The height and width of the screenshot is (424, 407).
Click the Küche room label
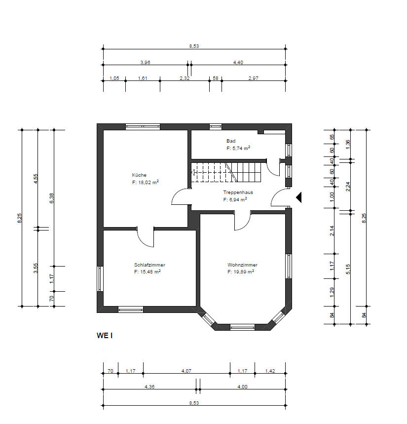[x=139, y=175]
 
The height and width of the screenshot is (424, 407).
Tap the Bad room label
[x=231, y=141]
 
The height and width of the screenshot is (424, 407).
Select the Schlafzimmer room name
[x=149, y=265]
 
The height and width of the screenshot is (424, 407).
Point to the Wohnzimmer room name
[x=242, y=265]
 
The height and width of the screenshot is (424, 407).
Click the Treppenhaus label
[x=238, y=193]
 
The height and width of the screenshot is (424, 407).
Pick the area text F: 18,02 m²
[x=146, y=182]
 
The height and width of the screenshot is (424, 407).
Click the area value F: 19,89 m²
[x=241, y=271]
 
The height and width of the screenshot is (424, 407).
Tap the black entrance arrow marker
[x=299, y=197]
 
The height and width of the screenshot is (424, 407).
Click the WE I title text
[x=105, y=336]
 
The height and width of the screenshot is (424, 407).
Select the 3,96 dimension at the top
[x=145, y=62]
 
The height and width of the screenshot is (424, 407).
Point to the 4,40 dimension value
[x=238, y=62]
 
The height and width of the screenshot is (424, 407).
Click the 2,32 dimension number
[x=185, y=78]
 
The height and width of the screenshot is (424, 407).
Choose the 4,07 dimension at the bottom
[x=186, y=371]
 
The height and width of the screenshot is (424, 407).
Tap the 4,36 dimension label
[x=149, y=386]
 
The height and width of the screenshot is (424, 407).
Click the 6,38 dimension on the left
[x=52, y=198]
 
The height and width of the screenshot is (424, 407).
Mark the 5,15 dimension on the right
[x=348, y=269]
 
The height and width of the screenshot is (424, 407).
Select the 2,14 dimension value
[x=332, y=231]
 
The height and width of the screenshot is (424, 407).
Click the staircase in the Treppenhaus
[x=226, y=172]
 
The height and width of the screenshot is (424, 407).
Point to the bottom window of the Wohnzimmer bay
[x=242, y=327]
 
